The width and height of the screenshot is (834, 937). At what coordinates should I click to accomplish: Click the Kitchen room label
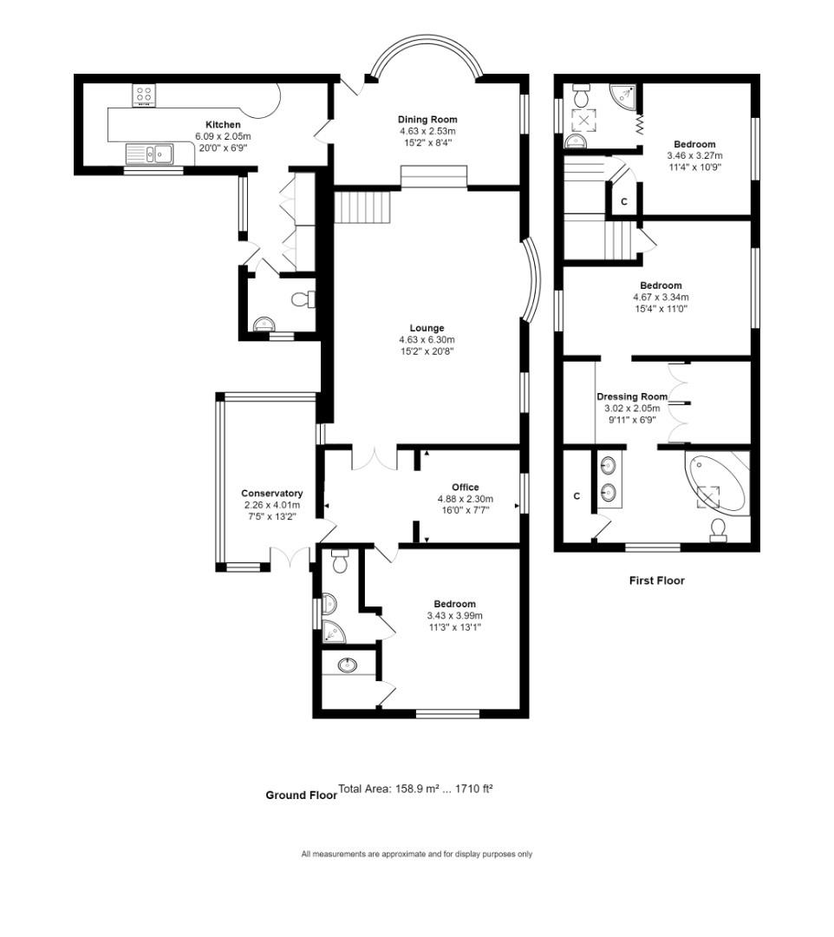223,125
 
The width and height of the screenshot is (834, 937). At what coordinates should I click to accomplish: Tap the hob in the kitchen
144,95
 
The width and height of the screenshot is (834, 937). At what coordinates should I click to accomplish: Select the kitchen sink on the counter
151,154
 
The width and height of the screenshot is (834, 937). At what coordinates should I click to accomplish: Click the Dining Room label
427,120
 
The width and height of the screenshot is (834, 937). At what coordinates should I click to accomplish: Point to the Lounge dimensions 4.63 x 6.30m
427,340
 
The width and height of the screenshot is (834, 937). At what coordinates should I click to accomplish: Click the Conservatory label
272,494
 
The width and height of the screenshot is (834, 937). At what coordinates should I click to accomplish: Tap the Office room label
465,488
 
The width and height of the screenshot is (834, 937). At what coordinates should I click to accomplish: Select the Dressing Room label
633,396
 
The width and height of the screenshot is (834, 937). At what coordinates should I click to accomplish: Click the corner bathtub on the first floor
717,484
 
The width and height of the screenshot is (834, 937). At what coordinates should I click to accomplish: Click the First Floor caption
656,581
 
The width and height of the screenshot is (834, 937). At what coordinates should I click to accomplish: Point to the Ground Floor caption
301,796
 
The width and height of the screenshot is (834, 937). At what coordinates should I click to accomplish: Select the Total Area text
415,790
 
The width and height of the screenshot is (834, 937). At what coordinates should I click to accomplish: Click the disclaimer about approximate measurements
417,855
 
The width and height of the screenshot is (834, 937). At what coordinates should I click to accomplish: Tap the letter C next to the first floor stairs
624,202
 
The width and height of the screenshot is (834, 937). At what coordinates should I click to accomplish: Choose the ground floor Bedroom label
455,605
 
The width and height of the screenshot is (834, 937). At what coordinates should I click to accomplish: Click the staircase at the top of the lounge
364,207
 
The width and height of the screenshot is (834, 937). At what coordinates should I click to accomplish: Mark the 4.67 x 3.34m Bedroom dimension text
661,297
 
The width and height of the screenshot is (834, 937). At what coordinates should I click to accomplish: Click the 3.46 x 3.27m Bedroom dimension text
694,156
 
